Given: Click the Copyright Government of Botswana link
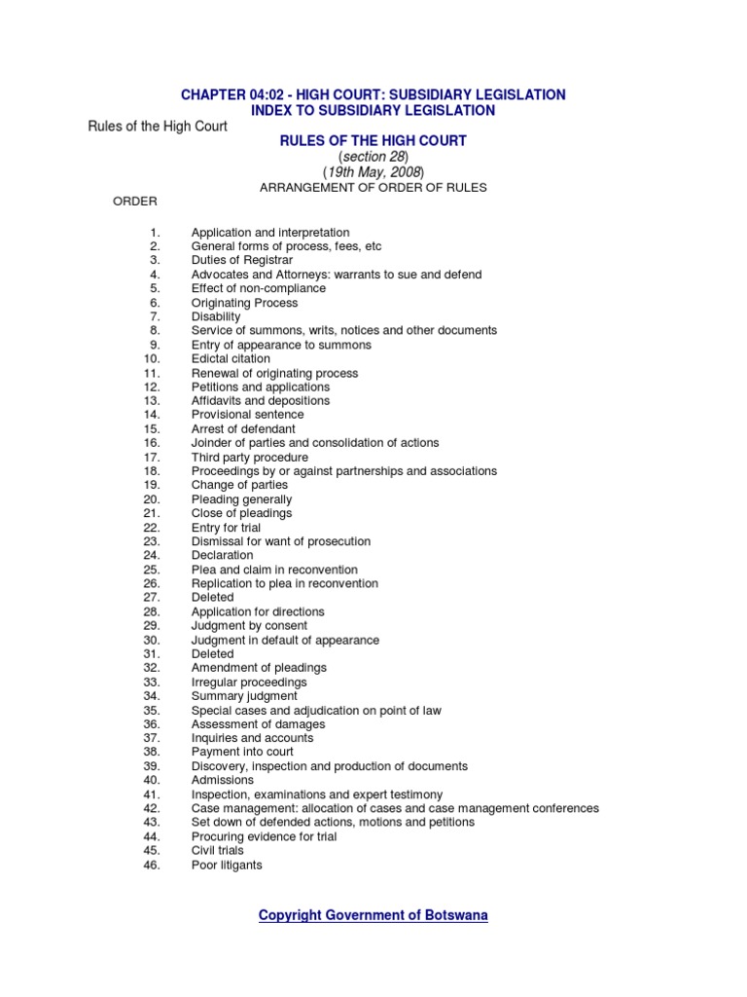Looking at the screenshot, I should [373, 915].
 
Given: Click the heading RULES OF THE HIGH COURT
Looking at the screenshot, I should [373, 141].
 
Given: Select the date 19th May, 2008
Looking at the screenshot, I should [373, 172].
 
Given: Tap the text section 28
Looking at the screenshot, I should [373, 157].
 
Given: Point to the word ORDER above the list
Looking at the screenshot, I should [135, 202].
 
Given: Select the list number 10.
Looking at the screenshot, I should [151, 359].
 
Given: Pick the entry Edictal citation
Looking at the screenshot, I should [231, 359].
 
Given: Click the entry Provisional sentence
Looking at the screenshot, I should [247, 415].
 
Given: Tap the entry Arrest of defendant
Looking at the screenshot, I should [243, 429].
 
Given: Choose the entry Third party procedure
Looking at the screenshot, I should [249, 458].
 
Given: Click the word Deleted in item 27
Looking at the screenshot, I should [212, 598].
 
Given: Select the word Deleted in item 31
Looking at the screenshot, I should [212, 654].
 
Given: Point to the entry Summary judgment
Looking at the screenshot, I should [244, 696].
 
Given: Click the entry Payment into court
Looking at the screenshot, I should [242, 752].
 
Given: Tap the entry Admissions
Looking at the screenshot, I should [222, 780].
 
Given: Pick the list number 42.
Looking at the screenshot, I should [151, 808].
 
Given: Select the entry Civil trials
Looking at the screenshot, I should [217, 851].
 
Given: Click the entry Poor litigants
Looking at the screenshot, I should [227, 865].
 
